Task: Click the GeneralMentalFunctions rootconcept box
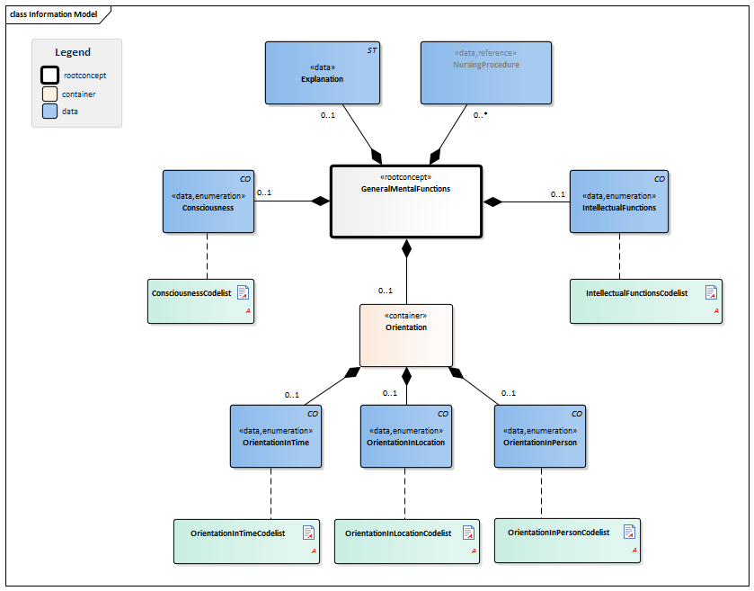pos(406,201)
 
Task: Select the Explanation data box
pos(323,72)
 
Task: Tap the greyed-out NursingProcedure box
pos(486,72)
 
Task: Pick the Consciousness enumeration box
pos(208,201)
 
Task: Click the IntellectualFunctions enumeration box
pos(619,201)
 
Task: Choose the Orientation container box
pos(406,335)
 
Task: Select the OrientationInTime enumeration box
pos(276,435)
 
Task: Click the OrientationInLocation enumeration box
pos(405,435)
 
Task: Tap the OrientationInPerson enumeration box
pos(540,435)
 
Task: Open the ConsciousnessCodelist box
pos(200,301)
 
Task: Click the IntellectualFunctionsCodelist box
pos(646,301)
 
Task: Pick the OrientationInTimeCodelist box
pos(246,541)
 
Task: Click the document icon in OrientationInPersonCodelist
pos(629,532)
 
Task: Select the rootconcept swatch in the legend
pos(50,76)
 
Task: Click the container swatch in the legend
pos(50,94)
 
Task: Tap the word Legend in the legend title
pos(73,52)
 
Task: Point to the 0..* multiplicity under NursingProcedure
pos(481,115)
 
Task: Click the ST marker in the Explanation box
pos(372,50)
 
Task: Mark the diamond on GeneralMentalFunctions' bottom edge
pos(406,247)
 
